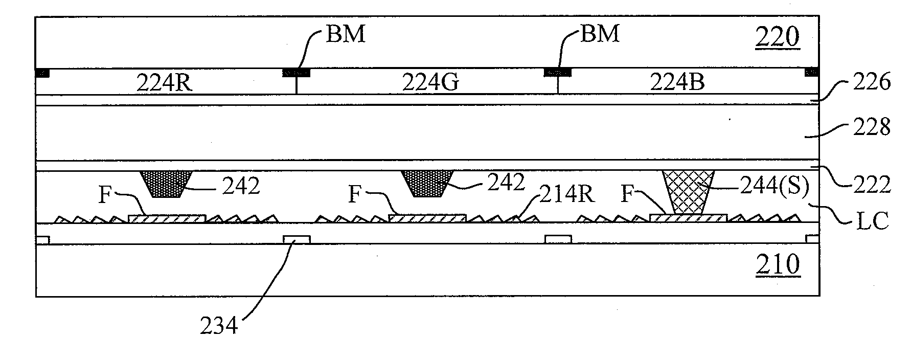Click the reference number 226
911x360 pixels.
(x=870, y=82)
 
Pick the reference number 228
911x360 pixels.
(x=870, y=127)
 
